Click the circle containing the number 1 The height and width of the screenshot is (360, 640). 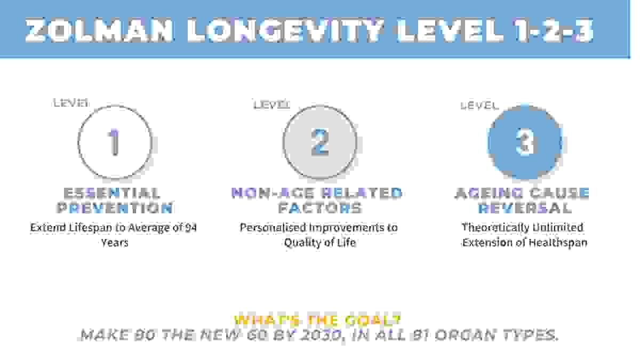pyautogui.click(x=115, y=142)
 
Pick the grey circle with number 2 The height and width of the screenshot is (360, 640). pyautogui.click(x=319, y=142)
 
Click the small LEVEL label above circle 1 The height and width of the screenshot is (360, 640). pyautogui.click(x=71, y=103)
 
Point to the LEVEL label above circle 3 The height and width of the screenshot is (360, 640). pyautogui.click(x=479, y=106)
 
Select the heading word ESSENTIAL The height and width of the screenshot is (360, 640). pyautogui.click(x=112, y=193)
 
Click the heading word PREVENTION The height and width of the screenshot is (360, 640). pyautogui.click(x=114, y=207)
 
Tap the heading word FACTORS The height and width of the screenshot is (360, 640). pyautogui.click(x=319, y=207)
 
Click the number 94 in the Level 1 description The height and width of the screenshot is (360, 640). pyautogui.click(x=190, y=228)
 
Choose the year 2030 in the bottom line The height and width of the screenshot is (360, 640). pyautogui.click(x=322, y=335)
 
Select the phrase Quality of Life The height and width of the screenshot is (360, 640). pyautogui.click(x=319, y=243)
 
